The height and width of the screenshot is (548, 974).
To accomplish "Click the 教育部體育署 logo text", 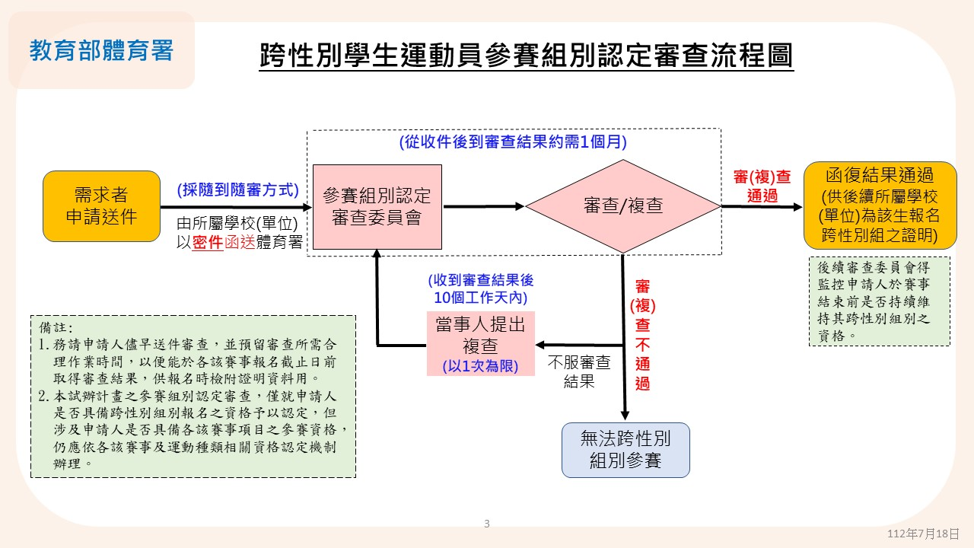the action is pyautogui.click(x=102, y=50).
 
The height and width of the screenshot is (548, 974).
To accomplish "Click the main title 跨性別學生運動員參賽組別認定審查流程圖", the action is pyautogui.click(x=526, y=56).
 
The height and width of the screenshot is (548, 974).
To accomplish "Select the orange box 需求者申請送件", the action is pyautogui.click(x=102, y=206).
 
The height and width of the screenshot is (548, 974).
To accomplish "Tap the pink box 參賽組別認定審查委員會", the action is pyautogui.click(x=377, y=206).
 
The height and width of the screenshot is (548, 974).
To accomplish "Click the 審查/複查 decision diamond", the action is pyautogui.click(x=623, y=206).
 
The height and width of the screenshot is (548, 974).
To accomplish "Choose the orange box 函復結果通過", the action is pyautogui.click(x=880, y=205).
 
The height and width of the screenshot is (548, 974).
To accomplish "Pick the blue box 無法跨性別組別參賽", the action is pyautogui.click(x=625, y=450).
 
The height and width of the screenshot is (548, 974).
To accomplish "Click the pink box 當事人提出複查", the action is pyautogui.click(x=480, y=343).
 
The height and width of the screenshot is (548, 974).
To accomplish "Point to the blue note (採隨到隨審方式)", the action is pyautogui.click(x=238, y=190).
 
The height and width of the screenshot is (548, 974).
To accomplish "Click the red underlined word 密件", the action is pyautogui.click(x=208, y=242).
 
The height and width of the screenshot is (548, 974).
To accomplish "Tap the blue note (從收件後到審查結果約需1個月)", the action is pyautogui.click(x=513, y=142).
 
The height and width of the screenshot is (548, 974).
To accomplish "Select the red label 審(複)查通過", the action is pyautogui.click(x=762, y=186).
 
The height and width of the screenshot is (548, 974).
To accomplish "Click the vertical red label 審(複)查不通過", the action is pyautogui.click(x=643, y=335).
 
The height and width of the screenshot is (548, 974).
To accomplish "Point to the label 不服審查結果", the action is pyautogui.click(x=579, y=371).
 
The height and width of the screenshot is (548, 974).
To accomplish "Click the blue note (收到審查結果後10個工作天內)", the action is pyautogui.click(x=481, y=288).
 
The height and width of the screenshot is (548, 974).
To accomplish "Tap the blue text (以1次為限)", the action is pyautogui.click(x=480, y=366).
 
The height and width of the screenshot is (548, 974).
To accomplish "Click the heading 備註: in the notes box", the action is pyautogui.click(x=56, y=327).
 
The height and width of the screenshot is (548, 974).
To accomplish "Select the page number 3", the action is pyautogui.click(x=487, y=524).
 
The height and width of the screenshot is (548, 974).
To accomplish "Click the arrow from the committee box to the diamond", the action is pyautogui.click(x=483, y=206).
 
